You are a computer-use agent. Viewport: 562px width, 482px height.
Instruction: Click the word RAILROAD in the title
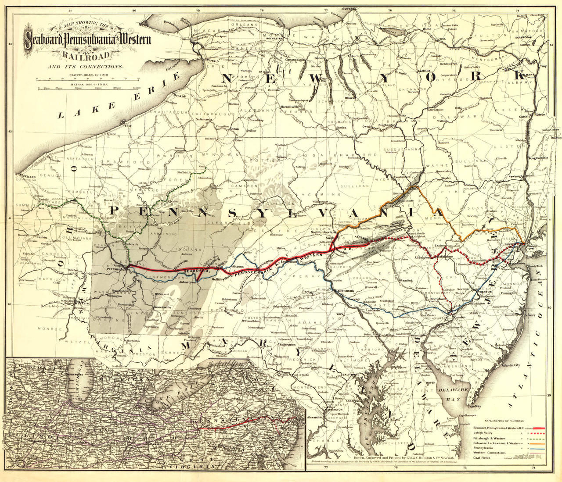86,55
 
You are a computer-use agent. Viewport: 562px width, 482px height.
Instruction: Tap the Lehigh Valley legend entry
483,432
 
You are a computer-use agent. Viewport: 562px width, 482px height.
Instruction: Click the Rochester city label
274,39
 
